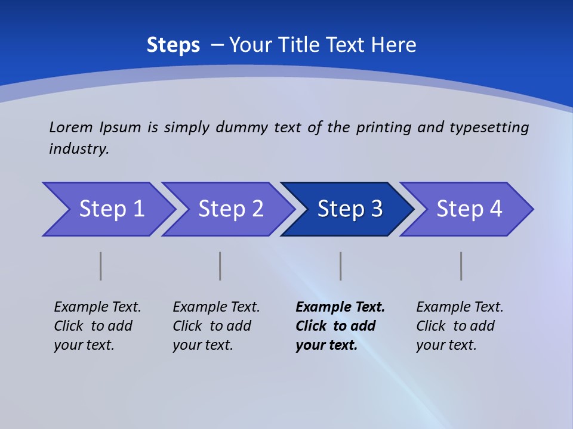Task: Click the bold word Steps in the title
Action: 173,45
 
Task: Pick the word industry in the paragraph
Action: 79,149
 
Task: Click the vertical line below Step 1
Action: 101,266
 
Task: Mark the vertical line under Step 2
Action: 220,266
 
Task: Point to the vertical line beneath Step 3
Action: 341,266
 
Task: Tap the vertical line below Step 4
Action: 461,266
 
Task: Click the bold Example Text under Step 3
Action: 340,307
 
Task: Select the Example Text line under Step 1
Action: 97,307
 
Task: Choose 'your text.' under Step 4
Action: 446,345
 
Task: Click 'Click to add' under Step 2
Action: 212,326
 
